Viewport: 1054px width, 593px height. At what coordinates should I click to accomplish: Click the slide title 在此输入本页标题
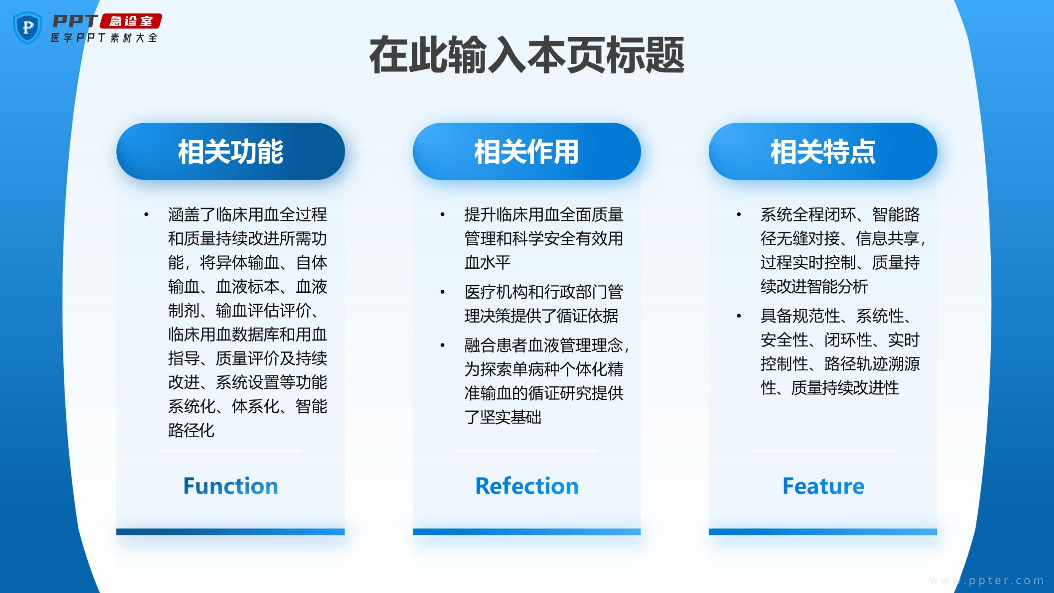point(527,55)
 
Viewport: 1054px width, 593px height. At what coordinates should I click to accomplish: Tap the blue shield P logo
point(27,28)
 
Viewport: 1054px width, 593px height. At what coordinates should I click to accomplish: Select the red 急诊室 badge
point(131,21)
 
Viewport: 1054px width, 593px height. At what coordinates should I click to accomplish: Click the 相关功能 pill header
point(231,151)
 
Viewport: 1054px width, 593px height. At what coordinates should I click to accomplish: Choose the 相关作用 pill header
point(527,151)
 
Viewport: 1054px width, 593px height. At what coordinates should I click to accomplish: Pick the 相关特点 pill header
point(823,151)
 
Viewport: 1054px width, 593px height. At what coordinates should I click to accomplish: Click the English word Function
point(231,486)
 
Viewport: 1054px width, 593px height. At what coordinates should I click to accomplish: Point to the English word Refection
point(527,486)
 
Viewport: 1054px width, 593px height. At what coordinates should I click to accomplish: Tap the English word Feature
point(823,486)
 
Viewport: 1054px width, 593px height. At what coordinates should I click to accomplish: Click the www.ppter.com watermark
point(987,580)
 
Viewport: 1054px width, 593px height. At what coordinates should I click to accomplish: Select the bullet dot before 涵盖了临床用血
point(146,215)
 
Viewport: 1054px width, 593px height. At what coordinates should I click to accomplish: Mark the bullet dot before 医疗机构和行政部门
point(443,292)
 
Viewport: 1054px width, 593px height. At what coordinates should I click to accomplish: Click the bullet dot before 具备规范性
point(739,316)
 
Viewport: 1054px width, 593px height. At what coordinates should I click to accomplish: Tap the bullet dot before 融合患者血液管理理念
point(443,345)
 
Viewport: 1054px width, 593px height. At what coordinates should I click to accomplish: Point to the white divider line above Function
point(231,451)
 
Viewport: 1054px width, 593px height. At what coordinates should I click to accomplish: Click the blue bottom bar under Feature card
point(823,532)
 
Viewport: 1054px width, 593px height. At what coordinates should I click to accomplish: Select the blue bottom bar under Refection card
point(527,532)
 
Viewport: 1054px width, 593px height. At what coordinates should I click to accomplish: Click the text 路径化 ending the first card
point(191,430)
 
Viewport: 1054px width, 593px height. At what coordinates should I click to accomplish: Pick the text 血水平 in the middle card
point(487,262)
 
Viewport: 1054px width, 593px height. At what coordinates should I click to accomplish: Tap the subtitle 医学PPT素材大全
point(104,38)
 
